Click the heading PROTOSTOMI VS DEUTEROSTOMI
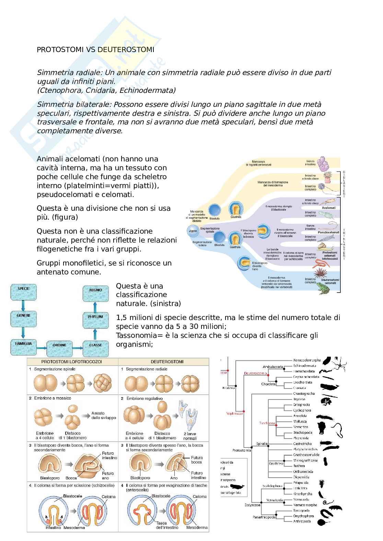click(x=95, y=50)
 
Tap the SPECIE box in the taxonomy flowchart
click(x=23, y=289)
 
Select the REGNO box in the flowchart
click(x=95, y=290)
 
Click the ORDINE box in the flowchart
click(x=59, y=345)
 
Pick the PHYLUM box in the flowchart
click(x=95, y=317)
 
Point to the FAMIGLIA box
click(x=23, y=344)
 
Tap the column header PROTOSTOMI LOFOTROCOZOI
click(x=72, y=361)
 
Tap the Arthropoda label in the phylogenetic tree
click(x=302, y=521)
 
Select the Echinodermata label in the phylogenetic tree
click(x=304, y=366)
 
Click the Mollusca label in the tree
click(x=300, y=421)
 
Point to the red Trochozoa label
click(x=267, y=423)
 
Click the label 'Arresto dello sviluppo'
click(x=104, y=415)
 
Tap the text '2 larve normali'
click(x=190, y=436)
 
